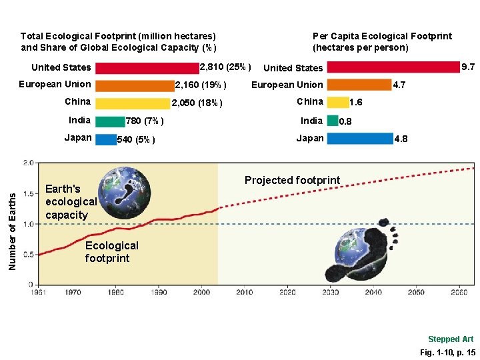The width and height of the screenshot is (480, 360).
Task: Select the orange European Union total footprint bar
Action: [135, 85]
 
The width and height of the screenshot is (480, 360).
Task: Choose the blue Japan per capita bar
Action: [360, 139]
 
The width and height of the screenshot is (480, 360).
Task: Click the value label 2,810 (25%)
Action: [225, 67]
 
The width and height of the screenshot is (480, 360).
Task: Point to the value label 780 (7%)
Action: [145, 121]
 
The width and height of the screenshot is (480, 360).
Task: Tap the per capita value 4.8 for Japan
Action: [401, 139]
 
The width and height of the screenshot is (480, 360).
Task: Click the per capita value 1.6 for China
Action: [356, 103]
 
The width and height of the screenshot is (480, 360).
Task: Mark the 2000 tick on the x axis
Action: [202, 292]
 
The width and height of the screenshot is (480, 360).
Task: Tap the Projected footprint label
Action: [292, 181]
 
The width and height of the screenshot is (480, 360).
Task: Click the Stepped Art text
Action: [451, 339]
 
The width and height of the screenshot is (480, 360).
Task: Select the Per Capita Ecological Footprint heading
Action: [382, 41]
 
